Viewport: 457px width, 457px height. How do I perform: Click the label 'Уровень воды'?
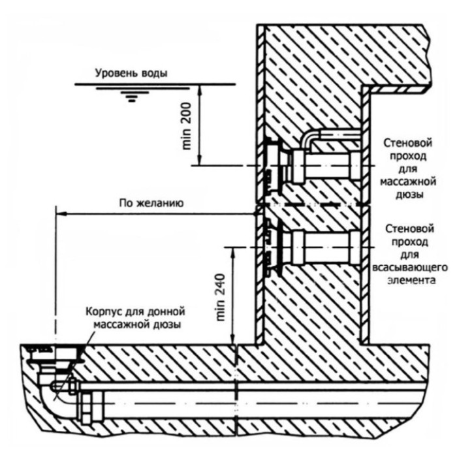click(x=131, y=73)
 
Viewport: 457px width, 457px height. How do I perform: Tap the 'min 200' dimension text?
click(x=187, y=126)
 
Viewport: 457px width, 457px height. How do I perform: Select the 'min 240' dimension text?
click(x=221, y=297)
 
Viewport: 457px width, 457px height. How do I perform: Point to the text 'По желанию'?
click(x=151, y=203)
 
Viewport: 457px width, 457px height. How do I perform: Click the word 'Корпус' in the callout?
click(x=103, y=311)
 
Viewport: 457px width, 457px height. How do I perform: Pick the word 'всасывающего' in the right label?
click(x=410, y=267)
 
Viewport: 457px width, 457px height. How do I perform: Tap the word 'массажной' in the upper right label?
click(x=408, y=181)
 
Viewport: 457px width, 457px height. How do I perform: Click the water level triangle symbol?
click(x=133, y=94)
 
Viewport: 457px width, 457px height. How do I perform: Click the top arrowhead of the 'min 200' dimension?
click(x=200, y=89)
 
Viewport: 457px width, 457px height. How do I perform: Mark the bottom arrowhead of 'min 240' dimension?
click(x=232, y=339)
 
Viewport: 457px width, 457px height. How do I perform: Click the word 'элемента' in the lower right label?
click(x=411, y=280)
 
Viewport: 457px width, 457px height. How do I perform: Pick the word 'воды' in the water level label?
click(x=155, y=73)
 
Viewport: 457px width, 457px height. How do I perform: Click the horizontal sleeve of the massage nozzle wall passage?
click(x=327, y=166)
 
